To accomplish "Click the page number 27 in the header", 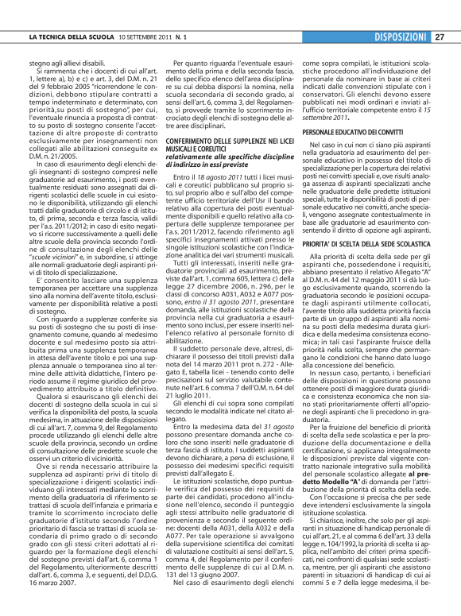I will click(440, 37).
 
